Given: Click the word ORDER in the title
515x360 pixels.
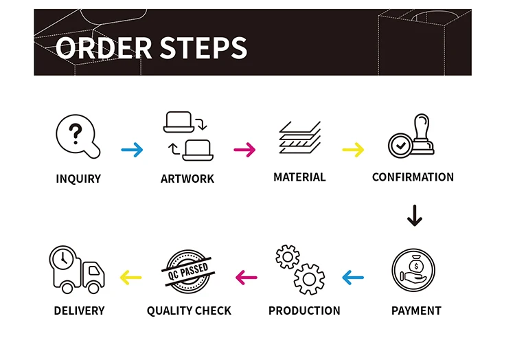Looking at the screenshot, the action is click(104, 47).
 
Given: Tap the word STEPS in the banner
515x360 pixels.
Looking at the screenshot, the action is click(203, 47).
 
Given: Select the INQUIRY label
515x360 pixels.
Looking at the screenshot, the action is click(78, 179).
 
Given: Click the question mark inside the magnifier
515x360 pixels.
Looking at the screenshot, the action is click(76, 134).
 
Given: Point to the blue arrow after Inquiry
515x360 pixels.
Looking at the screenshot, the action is click(132, 150).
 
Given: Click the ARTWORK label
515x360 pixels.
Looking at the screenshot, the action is click(187, 179).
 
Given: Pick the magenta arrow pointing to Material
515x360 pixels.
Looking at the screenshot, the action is click(244, 150).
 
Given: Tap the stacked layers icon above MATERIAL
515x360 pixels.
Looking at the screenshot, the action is click(300, 137).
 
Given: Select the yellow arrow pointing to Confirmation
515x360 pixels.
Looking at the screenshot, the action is click(353, 150).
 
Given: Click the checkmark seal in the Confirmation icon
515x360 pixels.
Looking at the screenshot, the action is click(400, 146).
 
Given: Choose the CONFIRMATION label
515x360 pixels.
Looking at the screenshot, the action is click(413, 177).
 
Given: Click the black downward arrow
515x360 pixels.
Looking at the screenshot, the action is click(415, 216).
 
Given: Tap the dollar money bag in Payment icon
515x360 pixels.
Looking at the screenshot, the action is click(416, 265).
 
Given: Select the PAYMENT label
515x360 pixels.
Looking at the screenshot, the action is click(416, 311).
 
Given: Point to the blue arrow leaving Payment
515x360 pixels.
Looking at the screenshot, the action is click(353, 278).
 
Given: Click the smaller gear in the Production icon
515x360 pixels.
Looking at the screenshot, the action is click(288, 257).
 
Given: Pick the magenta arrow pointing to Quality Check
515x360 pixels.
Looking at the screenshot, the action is click(247, 278).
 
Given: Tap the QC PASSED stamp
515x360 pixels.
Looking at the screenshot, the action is click(188, 271).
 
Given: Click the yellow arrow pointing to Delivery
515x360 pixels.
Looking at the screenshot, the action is click(130, 278).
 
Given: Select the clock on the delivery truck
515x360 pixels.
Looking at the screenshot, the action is click(62, 258).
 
